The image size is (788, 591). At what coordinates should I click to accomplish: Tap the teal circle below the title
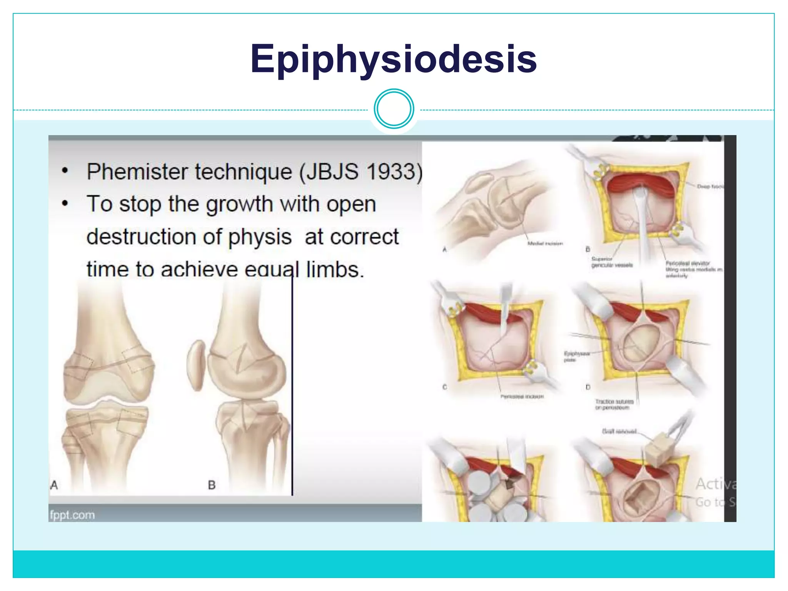pos(394,109)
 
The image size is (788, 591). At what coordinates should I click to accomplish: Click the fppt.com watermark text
pos(72,515)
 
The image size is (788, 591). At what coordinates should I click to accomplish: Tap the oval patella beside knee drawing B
pos(196,365)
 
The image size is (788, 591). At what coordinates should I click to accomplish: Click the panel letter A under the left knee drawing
pos(54,485)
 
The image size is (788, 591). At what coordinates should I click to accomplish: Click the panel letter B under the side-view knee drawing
pos(212,485)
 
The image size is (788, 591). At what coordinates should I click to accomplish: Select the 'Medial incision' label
pos(545,244)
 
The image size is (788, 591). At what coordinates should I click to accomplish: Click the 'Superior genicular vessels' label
pos(611,262)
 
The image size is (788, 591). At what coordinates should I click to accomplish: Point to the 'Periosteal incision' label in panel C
pos(522,396)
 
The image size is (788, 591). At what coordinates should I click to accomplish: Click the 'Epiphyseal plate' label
pos(576,356)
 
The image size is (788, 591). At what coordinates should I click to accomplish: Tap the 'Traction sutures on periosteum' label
pos(614,404)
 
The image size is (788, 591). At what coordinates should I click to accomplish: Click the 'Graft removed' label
pos(619,431)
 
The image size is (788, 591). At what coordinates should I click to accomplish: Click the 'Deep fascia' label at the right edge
pos(710,187)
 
